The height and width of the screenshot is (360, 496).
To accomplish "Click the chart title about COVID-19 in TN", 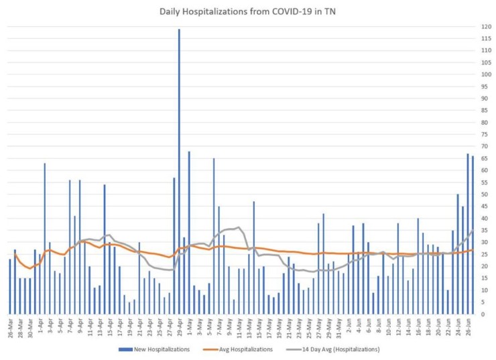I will pos(247,11).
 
